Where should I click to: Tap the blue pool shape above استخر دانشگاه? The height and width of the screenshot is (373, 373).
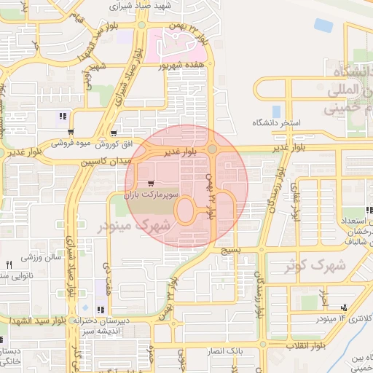(x=276, y=111)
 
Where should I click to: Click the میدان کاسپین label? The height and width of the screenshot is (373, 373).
(x=105, y=159)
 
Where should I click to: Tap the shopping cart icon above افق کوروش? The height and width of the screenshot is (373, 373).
(x=71, y=132)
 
